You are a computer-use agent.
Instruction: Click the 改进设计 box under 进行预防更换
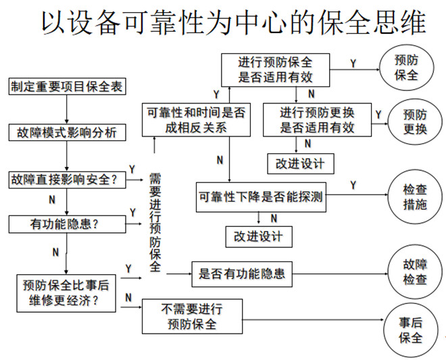tap(296, 163)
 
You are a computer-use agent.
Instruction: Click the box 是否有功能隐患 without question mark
tap(241, 274)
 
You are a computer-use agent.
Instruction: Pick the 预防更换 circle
tap(415, 122)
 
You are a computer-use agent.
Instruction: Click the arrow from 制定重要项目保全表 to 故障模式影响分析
tap(67, 109)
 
